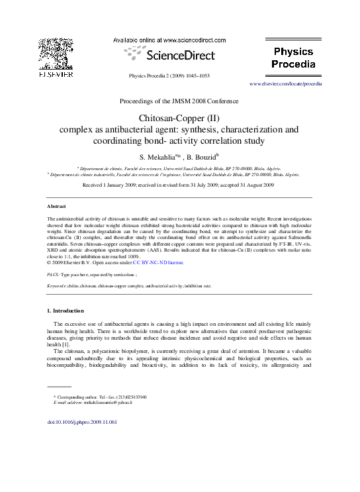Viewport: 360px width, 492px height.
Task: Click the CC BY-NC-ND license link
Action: [x=158, y=262]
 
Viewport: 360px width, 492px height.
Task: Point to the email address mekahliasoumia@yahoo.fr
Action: [x=107, y=402]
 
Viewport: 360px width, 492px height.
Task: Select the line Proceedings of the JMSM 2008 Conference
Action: [x=179, y=101]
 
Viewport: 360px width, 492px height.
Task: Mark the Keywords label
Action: [x=59, y=285]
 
